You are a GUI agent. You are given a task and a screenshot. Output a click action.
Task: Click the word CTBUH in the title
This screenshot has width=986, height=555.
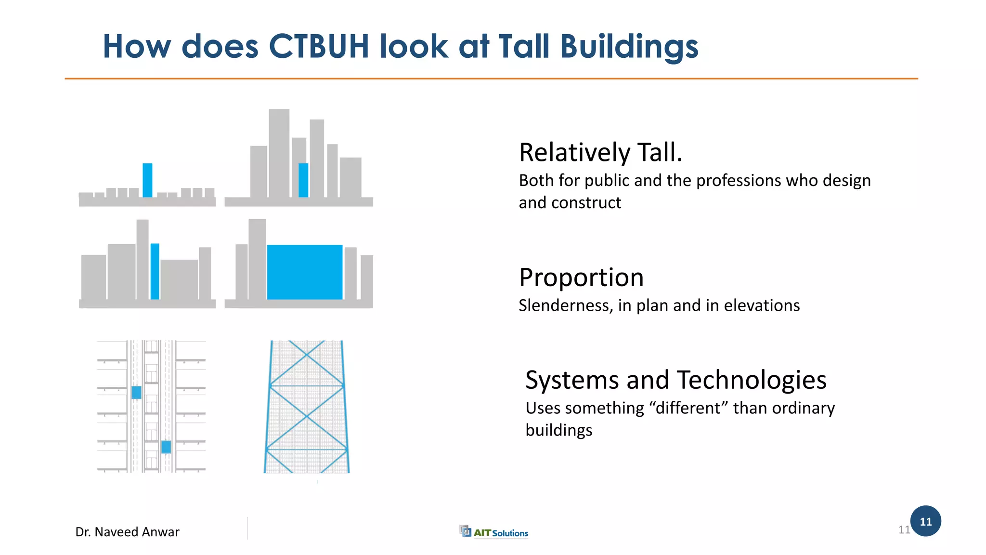(318, 47)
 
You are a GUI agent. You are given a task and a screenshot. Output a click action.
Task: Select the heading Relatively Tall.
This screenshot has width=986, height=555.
(600, 153)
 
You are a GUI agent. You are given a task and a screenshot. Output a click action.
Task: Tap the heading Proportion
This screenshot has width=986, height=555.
(581, 277)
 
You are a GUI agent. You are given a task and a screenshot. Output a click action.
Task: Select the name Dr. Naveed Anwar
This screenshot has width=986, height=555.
(127, 532)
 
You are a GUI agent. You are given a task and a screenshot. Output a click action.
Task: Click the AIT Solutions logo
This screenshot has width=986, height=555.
(494, 532)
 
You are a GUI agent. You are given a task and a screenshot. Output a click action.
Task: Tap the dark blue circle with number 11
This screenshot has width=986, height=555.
(925, 521)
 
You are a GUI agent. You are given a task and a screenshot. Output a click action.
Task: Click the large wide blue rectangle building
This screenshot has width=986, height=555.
(304, 272)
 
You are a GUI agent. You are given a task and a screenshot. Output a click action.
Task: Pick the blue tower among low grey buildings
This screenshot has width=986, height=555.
(147, 180)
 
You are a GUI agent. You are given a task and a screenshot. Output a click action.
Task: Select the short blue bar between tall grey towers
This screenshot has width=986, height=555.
(303, 180)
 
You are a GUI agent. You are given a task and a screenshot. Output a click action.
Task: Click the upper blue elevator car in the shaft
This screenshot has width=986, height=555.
(136, 392)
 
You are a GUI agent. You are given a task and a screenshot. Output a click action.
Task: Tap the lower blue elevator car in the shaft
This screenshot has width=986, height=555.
(166, 447)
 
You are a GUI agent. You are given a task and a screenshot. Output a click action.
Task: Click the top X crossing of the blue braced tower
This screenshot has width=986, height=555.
(307, 355)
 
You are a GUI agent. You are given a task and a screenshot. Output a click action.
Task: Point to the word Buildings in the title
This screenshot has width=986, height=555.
(629, 47)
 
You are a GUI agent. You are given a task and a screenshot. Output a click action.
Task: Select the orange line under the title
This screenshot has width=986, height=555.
(491, 79)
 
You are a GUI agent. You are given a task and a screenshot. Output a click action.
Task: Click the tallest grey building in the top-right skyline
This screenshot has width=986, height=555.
(279, 153)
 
